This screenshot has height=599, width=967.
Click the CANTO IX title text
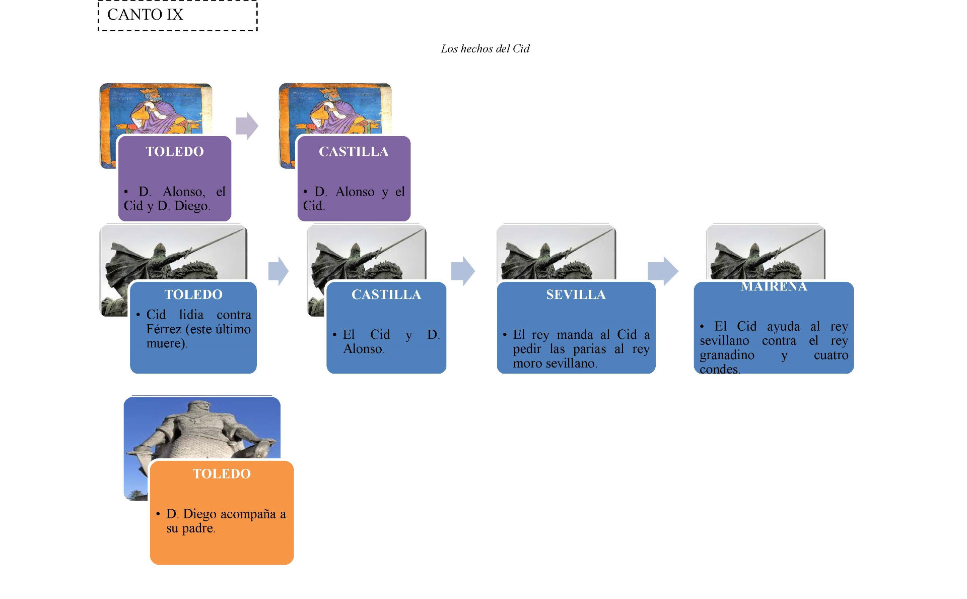point(145,15)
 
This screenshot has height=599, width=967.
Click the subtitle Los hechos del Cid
point(485,49)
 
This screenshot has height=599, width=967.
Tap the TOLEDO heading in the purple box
point(175,152)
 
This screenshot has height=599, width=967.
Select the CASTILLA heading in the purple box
point(354,152)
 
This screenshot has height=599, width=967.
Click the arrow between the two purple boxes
point(247,126)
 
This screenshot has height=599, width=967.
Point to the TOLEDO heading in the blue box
point(193,295)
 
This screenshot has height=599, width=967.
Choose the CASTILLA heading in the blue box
point(386,295)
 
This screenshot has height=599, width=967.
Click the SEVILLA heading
point(576,295)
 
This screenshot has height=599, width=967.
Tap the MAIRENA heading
point(774,287)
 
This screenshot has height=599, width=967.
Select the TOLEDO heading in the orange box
point(222,474)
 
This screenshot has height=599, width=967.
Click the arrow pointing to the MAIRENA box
point(663,271)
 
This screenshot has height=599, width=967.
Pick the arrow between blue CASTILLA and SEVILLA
point(463,271)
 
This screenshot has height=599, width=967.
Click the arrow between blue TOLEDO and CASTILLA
point(279,271)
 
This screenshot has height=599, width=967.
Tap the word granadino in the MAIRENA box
point(727,355)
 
